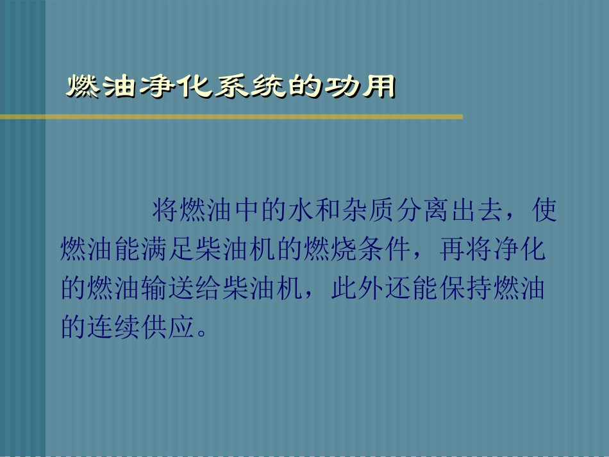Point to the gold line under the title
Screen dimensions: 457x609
pos(231,117)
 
